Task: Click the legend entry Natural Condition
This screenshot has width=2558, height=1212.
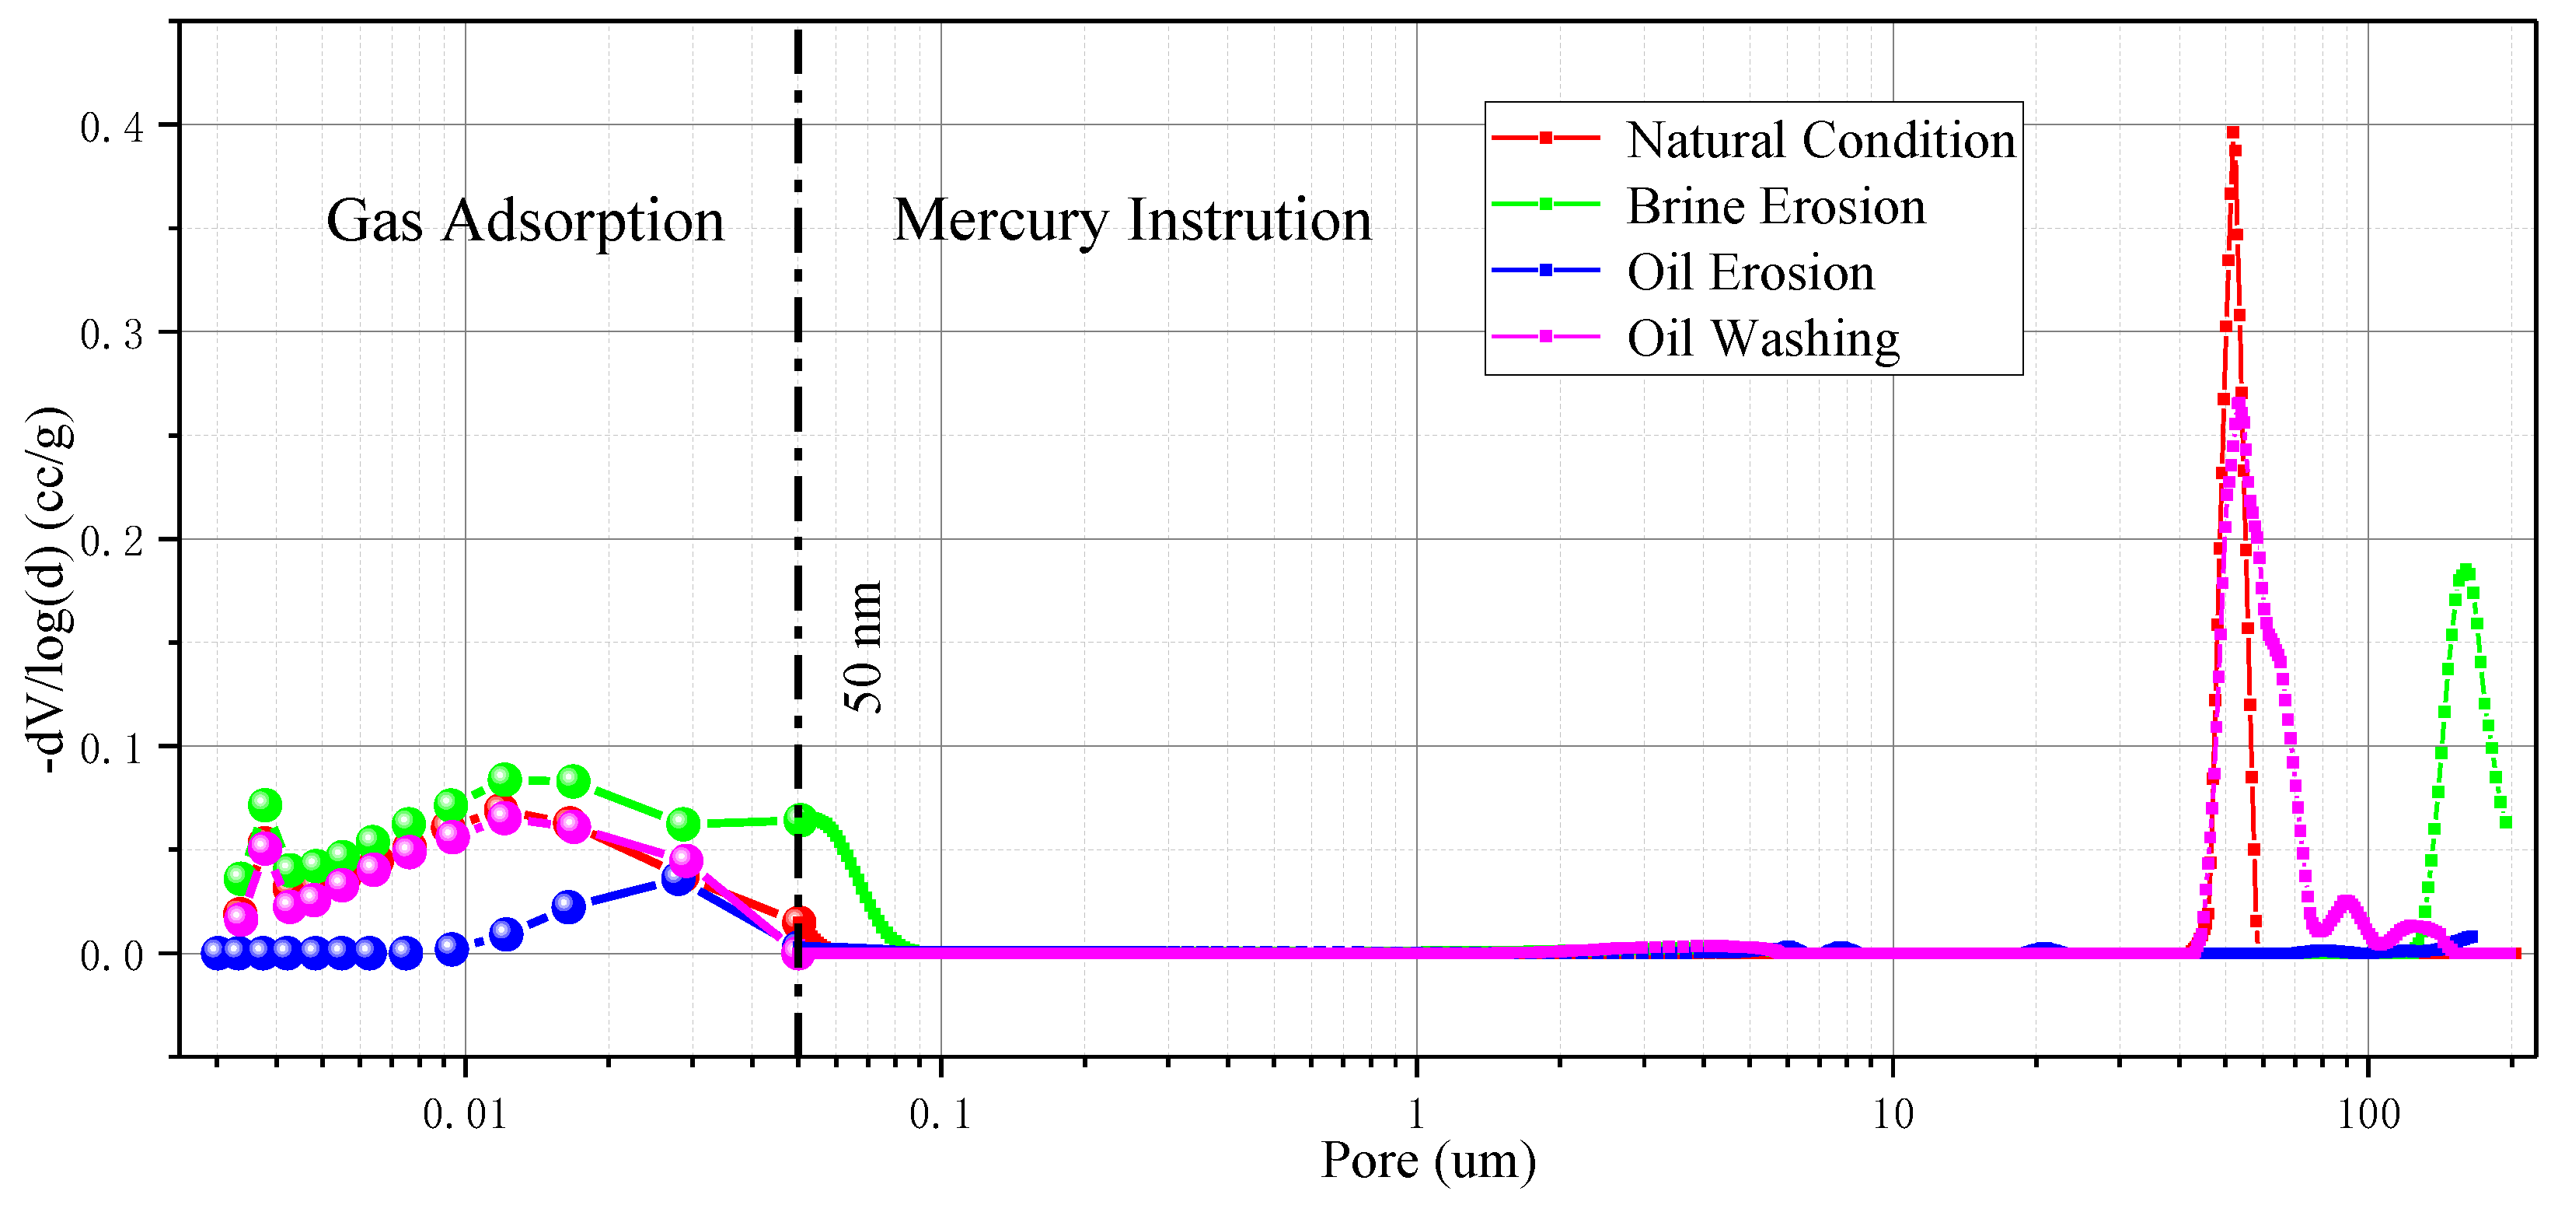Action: [1820, 140]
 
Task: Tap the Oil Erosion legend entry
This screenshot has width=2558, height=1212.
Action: [1750, 272]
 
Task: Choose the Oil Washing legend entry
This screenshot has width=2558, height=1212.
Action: [1763, 338]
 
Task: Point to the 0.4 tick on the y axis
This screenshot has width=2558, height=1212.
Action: [111, 127]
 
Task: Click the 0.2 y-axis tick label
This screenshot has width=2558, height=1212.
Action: [111, 541]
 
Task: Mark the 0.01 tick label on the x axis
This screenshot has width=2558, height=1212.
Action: [464, 1114]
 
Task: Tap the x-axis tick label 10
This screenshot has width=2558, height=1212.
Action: [1893, 1114]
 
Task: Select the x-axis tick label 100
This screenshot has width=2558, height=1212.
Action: [2368, 1114]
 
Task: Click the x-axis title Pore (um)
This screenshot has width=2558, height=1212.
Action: [1428, 1161]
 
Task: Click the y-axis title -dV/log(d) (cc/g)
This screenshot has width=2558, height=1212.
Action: [50, 590]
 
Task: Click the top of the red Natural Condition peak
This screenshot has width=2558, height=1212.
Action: [2232, 132]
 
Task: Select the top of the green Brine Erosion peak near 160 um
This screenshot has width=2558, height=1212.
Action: [2465, 571]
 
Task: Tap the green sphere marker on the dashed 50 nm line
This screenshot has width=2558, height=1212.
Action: [801, 820]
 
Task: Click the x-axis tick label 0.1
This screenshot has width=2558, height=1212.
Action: [940, 1114]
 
